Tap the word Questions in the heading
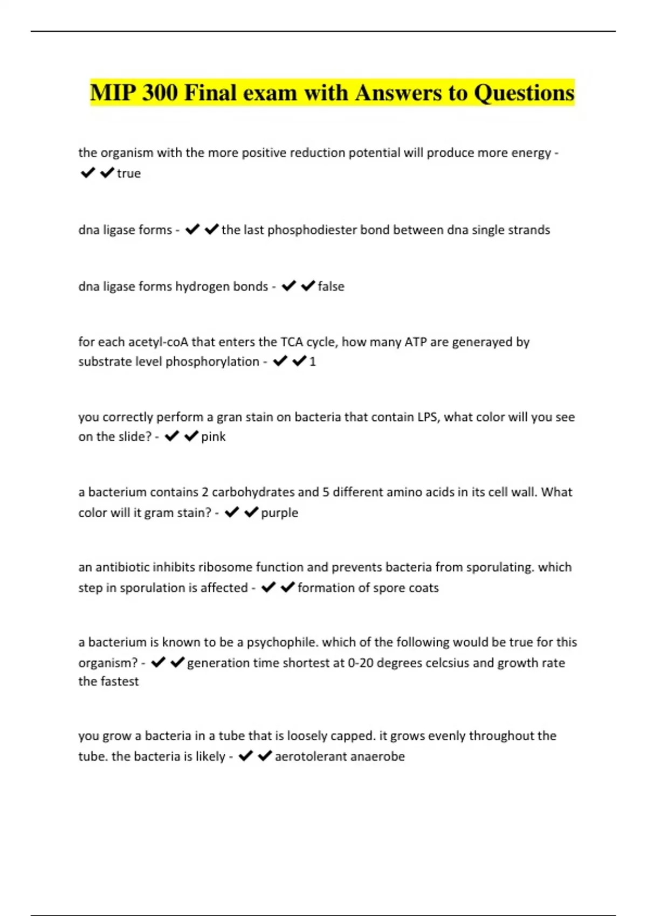click(524, 93)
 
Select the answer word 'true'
click(129, 174)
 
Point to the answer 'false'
click(331, 287)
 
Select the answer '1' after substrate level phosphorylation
click(313, 362)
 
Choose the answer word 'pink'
click(214, 437)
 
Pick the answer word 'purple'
click(279, 513)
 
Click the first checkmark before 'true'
click(87, 173)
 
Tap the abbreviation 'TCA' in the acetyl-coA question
click(292, 342)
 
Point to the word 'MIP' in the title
click(113, 93)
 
